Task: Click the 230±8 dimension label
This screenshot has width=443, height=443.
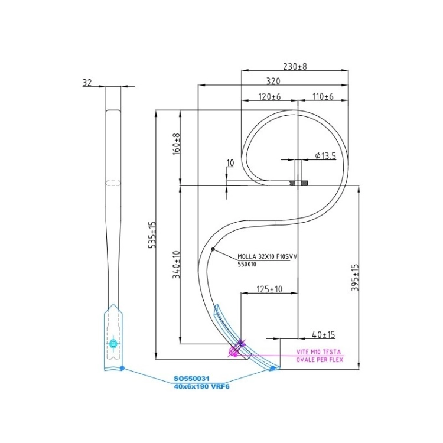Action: pos(295,66)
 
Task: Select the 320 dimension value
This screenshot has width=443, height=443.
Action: pos(273,82)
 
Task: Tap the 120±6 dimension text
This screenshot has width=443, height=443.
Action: pos(269,97)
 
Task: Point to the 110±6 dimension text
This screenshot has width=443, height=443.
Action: pos(323,97)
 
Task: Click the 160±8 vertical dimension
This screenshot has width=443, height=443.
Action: pos(176,144)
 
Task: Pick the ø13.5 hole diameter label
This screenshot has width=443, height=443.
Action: pos(325,156)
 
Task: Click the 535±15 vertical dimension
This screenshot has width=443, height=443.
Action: pos(152,234)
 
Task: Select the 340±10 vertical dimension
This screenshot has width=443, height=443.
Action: pos(176,265)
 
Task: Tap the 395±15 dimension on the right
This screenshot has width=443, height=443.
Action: pos(354,278)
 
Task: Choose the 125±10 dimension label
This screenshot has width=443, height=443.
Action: pos(269,289)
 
